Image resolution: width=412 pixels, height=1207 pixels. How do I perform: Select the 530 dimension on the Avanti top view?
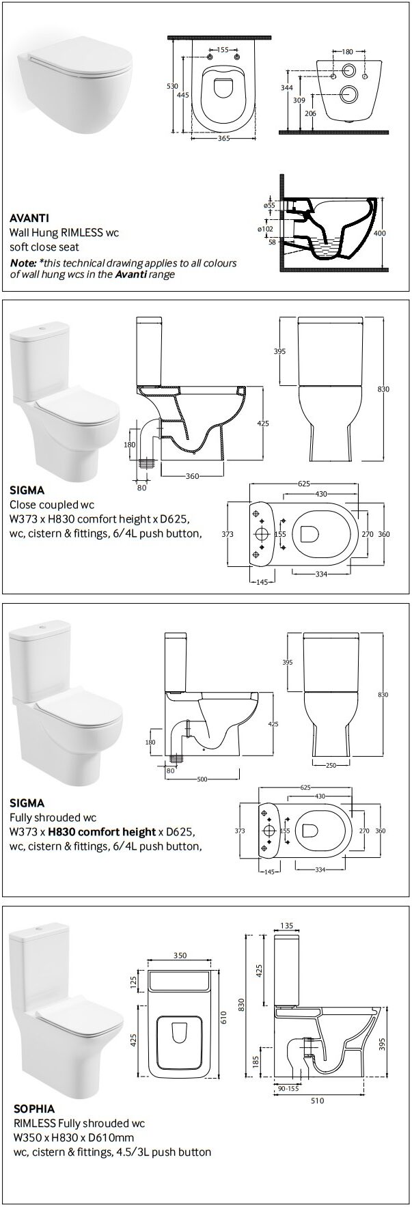click(173, 87)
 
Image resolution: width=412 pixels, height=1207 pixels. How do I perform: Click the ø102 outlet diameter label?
click(266, 229)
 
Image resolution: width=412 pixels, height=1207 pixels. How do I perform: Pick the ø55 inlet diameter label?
click(269, 205)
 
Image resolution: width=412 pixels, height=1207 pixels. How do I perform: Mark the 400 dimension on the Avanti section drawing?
click(389, 233)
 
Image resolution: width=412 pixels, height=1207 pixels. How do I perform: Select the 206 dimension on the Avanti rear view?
click(311, 113)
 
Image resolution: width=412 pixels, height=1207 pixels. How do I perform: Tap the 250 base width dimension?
click(331, 766)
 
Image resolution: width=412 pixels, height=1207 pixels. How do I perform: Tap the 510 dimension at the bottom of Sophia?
click(318, 1100)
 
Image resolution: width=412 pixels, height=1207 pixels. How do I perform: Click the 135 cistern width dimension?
click(287, 926)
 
